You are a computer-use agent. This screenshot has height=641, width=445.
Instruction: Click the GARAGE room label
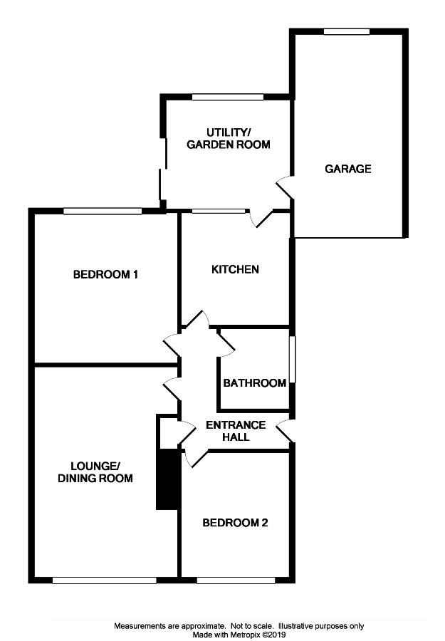pyautogui.click(x=347, y=169)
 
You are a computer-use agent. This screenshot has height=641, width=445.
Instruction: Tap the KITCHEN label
pyautogui.click(x=235, y=269)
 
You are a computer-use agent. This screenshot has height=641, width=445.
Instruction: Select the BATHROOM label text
pyautogui.click(x=255, y=383)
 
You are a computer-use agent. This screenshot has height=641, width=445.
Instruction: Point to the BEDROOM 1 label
pyautogui.click(x=105, y=274)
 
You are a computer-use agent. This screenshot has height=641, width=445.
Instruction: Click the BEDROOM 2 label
pyautogui.click(x=235, y=523)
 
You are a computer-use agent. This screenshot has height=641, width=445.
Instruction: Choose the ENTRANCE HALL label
pyautogui.click(x=236, y=431)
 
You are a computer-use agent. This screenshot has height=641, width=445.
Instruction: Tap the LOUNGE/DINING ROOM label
pyautogui.click(x=95, y=472)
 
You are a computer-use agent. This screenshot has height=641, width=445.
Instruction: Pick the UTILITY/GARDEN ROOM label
pyautogui.click(x=229, y=139)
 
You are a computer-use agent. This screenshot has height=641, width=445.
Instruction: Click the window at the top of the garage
pyautogui.click(x=347, y=31)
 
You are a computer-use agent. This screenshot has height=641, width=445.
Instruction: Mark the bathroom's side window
pyautogui.click(x=293, y=360)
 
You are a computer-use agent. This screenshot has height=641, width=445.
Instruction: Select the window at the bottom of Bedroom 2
pyautogui.click(x=236, y=580)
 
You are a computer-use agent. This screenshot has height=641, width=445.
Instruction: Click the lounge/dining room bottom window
pyautogui.click(x=105, y=580)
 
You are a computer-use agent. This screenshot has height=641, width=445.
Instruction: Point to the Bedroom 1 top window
pyautogui.click(x=103, y=211)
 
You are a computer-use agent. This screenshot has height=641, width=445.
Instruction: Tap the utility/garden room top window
pyautogui.click(x=228, y=97)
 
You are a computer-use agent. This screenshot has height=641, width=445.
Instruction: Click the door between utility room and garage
pyautogui.click(x=286, y=187)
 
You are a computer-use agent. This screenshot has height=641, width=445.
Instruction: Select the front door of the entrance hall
pyautogui.click(x=286, y=431)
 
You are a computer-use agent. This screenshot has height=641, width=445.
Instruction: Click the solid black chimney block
pyautogui.click(x=167, y=479)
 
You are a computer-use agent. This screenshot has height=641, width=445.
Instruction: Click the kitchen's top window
pyautogui.click(x=219, y=211)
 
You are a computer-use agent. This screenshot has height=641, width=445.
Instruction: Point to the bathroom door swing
pyautogui.click(x=226, y=343)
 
